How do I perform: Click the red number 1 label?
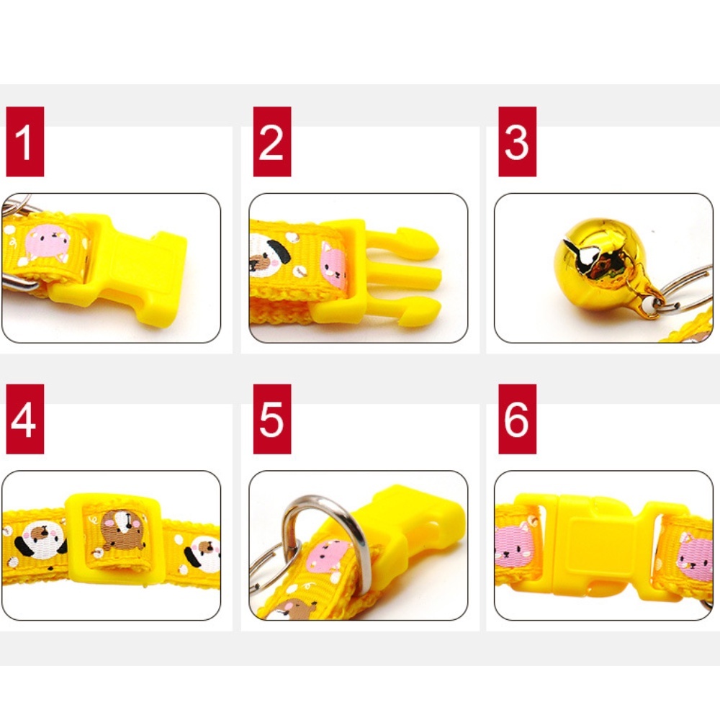point(25,141)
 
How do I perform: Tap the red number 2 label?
point(272,141)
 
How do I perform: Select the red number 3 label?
point(518,141)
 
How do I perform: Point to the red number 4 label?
point(25,419)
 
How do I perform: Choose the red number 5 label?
point(272,419)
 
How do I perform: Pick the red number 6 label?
point(518,419)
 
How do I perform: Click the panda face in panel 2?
point(269,254)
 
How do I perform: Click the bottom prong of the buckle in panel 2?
point(404,312)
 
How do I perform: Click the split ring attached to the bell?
point(684,289)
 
